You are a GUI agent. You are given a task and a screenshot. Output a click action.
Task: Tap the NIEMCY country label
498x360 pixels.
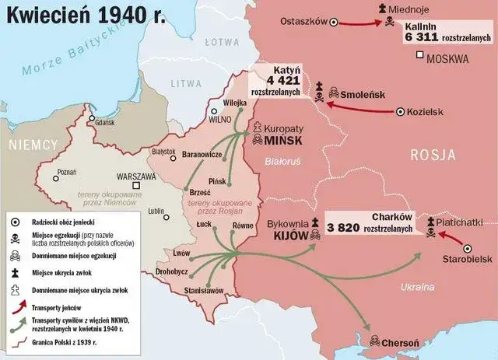[x=33, y=145]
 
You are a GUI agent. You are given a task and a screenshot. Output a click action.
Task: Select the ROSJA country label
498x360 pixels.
[x=433, y=154]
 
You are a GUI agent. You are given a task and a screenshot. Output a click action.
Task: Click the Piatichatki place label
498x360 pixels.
[x=465, y=222]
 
